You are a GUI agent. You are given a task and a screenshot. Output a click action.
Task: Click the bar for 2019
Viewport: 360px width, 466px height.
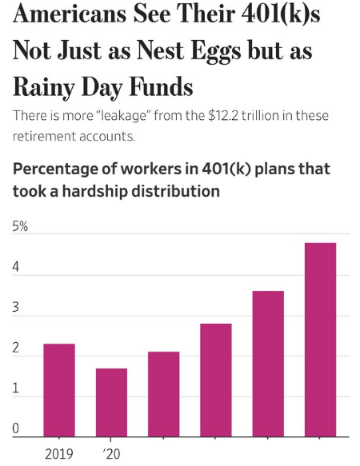tap(59, 390)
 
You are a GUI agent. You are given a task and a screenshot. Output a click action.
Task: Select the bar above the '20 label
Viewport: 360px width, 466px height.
tap(111, 402)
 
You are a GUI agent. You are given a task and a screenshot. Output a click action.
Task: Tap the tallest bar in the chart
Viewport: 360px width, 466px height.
tap(320, 340)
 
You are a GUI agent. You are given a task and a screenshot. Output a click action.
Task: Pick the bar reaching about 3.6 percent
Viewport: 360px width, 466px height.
tap(268, 364)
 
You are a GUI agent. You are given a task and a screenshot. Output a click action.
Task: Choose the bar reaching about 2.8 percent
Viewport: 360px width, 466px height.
tap(216, 380)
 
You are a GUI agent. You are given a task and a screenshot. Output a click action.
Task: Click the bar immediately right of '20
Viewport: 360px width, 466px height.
tap(163, 394)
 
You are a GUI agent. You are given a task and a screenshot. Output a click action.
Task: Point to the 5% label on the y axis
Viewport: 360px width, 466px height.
tap(20, 227)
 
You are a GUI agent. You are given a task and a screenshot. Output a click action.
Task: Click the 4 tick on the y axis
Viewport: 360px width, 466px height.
tap(16, 268)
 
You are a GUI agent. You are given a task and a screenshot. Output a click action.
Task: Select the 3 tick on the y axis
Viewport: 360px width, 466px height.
tap(16, 309)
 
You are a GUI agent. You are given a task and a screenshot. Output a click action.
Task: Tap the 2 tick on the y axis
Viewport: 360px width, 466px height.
tap(16, 349)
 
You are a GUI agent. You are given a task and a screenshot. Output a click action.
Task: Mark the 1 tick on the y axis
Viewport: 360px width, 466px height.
tap(16, 389)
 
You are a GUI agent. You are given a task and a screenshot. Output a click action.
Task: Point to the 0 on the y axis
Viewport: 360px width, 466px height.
tap(16, 430)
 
